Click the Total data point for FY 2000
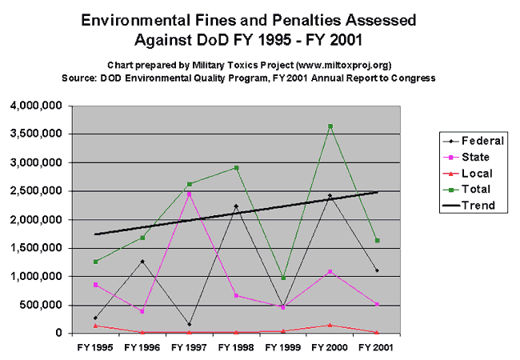click(330, 126)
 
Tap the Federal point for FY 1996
click(143, 262)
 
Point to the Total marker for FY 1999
click(283, 278)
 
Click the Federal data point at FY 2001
click(376, 270)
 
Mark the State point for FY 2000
click(330, 272)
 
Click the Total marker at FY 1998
click(237, 168)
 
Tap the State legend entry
click(473, 157)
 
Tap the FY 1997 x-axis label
click(190, 348)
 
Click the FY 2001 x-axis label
click(376, 348)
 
